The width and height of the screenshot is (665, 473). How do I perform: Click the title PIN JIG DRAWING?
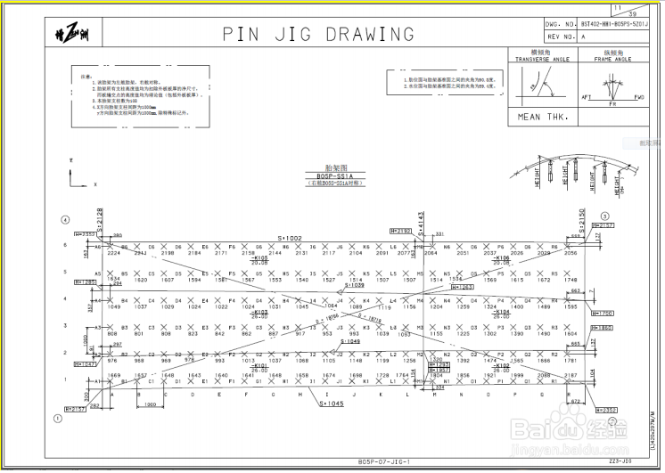tap(317, 35)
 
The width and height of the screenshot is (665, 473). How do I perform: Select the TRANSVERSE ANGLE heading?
tap(544, 59)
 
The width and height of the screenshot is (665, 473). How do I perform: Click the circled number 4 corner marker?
tap(64, 219)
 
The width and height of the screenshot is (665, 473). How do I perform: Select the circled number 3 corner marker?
tap(604, 216)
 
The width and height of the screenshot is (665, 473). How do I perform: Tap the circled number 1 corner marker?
tap(59, 417)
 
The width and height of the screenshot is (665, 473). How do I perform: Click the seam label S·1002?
tap(290, 239)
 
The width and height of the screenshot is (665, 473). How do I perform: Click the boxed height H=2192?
tap(401, 231)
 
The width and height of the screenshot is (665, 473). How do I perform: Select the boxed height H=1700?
tap(604, 314)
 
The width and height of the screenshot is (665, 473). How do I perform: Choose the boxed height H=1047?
tap(86, 364)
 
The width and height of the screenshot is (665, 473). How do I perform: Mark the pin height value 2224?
tap(113, 253)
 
